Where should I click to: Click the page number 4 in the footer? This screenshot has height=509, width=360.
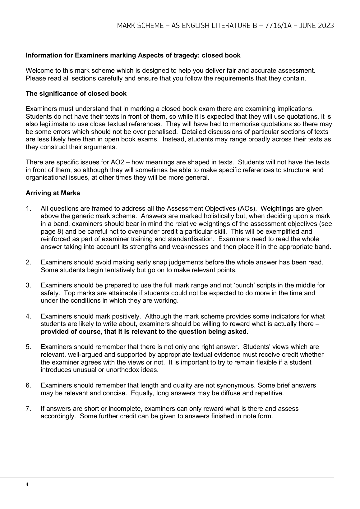(27, 484)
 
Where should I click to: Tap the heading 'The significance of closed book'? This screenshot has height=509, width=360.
(76, 94)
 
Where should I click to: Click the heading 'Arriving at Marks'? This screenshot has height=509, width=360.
(53, 193)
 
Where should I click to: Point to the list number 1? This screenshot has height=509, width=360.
(28, 209)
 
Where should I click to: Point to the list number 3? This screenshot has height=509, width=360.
(28, 285)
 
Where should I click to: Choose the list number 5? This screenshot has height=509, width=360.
(28, 347)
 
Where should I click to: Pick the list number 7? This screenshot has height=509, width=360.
(28, 408)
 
